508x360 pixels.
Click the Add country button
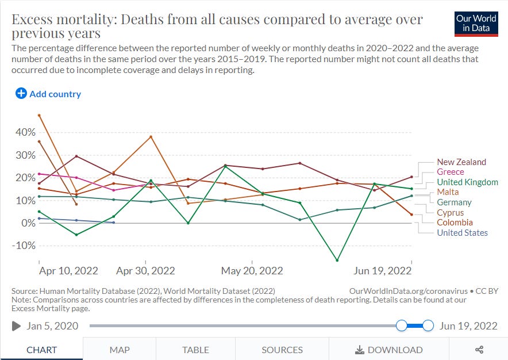click(x=48, y=94)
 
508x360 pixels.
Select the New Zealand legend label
click(x=461, y=162)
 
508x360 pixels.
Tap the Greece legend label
click(x=450, y=172)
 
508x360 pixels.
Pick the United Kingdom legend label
click(x=467, y=182)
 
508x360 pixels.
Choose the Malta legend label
click(x=448, y=192)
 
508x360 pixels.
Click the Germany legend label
click(x=454, y=202)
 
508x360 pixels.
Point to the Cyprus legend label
click(x=451, y=213)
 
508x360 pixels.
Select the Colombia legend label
click(x=455, y=223)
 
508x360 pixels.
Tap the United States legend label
click(x=462, y=233)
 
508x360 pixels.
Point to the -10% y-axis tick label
click(x=23, y=246)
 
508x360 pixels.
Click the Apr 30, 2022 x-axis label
click(x=145, y=271)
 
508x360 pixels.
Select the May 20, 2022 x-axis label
click(x=252, y=271)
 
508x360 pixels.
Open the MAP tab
click(x=120, y=350)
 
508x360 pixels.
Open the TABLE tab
click(x=195, y=350)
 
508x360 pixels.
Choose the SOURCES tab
click(x=282, y=350)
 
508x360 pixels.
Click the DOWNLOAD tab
click(x=389, y=350)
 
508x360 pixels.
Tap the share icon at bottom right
click(x=479, y=350)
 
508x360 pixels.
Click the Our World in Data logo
click(x=476, y=24)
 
